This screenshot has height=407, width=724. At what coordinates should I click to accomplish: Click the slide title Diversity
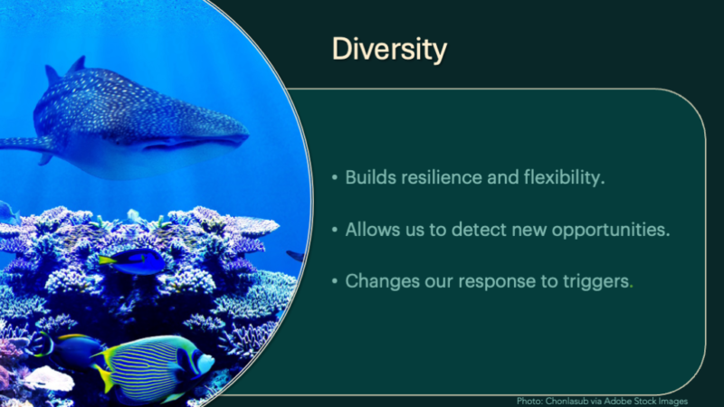click(x=389, y=50)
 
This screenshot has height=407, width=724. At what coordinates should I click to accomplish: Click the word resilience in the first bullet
click(x=441, y=177)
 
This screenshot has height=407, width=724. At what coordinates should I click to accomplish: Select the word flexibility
click(x=564, y=177)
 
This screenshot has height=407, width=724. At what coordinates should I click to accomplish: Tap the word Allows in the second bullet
click(x=373, y=230)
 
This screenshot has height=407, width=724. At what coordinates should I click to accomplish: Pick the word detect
click(x=479, y=230)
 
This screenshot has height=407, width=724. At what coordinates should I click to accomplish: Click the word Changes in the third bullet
click(x=382, y=281)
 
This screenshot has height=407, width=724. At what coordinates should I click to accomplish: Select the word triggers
click(x=597, y=281)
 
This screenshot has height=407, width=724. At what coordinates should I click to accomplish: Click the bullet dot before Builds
click(x=335, y=177)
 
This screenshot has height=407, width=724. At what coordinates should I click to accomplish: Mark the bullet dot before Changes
click(x=335, y=281)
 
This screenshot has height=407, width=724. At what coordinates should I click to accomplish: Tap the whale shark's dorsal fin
click(x=77, y=64)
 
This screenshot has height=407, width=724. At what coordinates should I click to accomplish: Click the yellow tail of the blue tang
click(x=107, y=260)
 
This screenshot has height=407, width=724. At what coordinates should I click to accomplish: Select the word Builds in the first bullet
click(x=370, y=177)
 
